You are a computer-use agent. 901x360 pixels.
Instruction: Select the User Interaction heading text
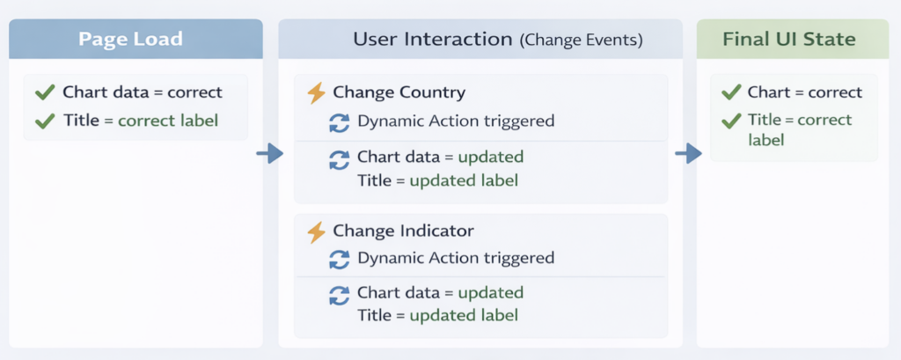[x=432, y=40]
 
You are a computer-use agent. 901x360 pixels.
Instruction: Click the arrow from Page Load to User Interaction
[x=269, y=155]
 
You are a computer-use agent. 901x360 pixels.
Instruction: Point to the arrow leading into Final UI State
[x=688, y=155]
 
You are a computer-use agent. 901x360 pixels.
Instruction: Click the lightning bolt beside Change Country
[x=316, y=92]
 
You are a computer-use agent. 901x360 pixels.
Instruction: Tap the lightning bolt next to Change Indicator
[x=316, y=231]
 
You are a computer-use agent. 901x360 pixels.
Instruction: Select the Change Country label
[x=399, y=92]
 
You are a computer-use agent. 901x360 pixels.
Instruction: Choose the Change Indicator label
[x=403, y=231]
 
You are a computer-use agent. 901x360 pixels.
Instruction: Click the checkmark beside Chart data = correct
[x=44, y=92]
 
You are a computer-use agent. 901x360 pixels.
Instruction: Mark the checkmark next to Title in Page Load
[x=44, y=121]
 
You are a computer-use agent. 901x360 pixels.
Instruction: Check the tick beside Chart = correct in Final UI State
[x=730, y=92]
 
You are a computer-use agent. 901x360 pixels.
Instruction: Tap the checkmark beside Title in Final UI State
[x=730, y=121]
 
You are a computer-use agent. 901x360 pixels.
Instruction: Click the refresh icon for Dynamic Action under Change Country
[x=339, y=122]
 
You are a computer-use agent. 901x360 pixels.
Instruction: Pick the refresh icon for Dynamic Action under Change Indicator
[x=339, y=260]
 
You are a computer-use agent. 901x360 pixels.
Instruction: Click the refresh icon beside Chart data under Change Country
[x=339, y=159]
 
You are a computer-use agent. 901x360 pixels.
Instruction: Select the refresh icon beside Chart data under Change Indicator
[x=339, y=295]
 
